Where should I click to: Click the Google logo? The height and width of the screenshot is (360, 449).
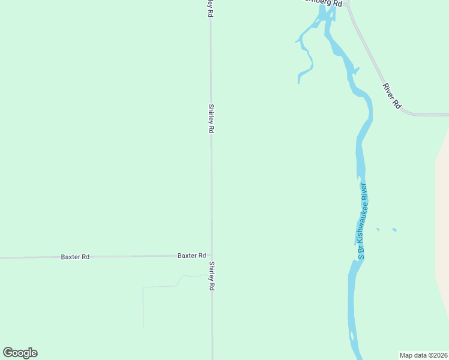click(20, 353)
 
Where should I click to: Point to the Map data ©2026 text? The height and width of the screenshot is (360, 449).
click(423, 355)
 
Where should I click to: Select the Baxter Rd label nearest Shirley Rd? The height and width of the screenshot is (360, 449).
click(191, 256)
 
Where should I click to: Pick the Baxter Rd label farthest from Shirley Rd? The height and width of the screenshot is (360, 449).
click(75, 257)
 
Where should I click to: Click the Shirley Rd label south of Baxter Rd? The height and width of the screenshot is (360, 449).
click(211, 276)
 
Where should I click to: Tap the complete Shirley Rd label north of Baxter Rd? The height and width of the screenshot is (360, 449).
click(211, 118)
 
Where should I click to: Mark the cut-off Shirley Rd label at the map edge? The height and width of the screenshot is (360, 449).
click(210, 7)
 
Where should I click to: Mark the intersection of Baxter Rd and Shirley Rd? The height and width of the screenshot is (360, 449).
click(211, 256)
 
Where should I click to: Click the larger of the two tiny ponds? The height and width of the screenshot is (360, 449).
click(394, 230)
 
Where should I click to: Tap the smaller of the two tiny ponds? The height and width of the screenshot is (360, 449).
click(378, 229)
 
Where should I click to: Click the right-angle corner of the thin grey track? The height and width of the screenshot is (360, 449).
click(143, 288)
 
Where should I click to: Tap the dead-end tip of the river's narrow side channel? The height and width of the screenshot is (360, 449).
click(298, 82)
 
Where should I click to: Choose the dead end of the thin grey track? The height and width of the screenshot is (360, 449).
click(143, 328)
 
